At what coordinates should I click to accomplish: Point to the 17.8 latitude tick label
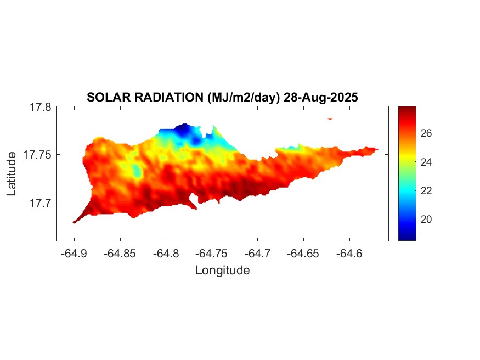pos(40,107)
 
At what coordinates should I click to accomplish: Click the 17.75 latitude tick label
pos(37,155)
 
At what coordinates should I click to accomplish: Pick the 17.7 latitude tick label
pos(40,203)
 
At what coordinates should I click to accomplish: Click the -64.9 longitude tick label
pos(74,254)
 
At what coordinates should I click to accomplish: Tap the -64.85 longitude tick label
pos(120,254)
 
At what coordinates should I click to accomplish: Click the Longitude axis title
pos(222,270)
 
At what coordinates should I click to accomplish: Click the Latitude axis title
pos(12,174)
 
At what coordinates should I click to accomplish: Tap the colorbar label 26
pos(426,133)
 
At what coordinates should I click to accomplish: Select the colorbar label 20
pos(426,219)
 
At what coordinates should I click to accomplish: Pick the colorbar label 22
pos(426,190)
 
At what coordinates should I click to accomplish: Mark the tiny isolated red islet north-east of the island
pos(330,118)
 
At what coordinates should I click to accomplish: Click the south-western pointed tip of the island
pos(74,222)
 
